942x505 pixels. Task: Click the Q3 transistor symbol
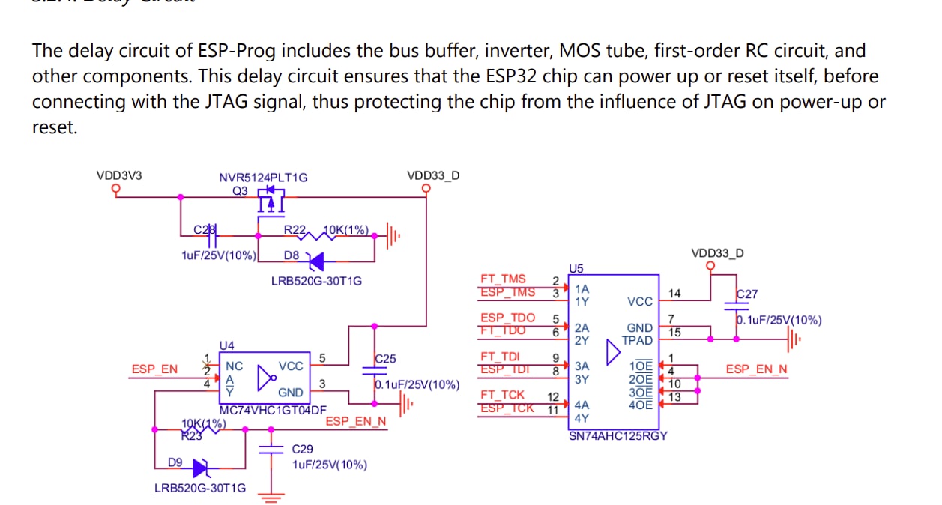click(x=271, y=200)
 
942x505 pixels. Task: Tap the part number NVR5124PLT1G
click(x=263, y=178)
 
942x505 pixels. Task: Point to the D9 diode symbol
click(x=200, y=468)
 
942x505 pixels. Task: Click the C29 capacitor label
click(x=302, y=450)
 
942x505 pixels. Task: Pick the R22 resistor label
click(x=294, y=229)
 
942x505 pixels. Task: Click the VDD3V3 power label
click(x=118, y=176)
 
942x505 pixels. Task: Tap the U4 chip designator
click(x=226, y=345)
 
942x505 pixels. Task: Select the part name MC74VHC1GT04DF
click(x=273, y=410)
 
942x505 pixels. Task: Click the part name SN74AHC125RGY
click(x=618, y=435)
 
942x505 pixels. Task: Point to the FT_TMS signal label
click(x=503, y=279)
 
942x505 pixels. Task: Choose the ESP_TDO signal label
click(x=507, y=318)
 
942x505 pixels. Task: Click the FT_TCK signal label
click(x=502, y=394)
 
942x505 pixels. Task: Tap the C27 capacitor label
click(x=747, y=294)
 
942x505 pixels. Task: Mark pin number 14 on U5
click(x=675, y=294)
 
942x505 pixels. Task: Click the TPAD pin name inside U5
click(x=637, y=340)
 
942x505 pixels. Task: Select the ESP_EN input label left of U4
click(x=154, y=369)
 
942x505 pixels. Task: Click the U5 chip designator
click(x=576, y=267)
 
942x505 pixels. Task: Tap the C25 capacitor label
click(x=385, y=359)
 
